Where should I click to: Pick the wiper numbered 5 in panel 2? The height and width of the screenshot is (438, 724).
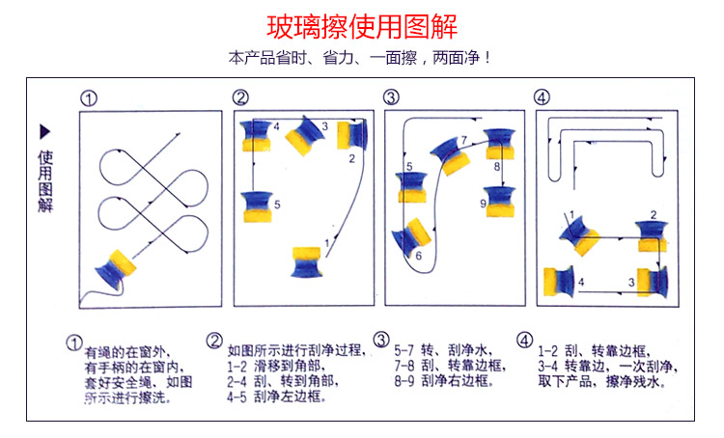pyautogui.click(x=256, y=205)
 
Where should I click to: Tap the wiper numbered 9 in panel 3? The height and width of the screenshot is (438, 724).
pyautogui.click(x=499, y=199)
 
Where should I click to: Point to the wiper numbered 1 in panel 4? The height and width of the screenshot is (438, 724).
pyautogui.click(x=580, y=234)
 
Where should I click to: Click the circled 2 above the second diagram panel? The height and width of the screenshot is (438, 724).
pyautogui.click(x=240, y=97)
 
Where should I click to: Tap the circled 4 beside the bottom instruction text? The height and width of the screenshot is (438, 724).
pyautogui.click(x=524, y=341)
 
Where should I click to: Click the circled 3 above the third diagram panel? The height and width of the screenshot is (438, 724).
pyautogui.click(x=390, y=97)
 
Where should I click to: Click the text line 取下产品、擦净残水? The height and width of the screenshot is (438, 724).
pyautogui.click(x=600, y=381)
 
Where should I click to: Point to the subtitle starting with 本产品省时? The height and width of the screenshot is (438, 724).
pyautogui.click(x=361, y=58)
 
